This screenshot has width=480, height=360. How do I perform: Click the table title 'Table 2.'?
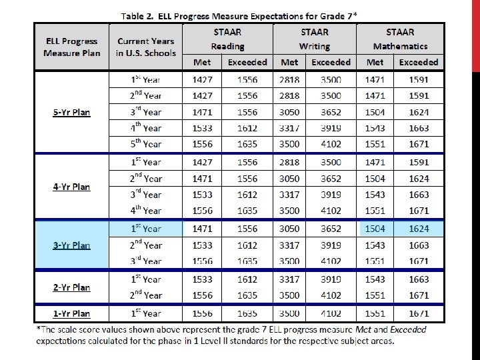tap(137, 16)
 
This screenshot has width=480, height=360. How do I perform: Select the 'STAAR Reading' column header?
tap(227, 39)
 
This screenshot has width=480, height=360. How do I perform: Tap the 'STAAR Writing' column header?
tap(315, 39)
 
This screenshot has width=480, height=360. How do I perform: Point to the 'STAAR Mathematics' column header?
tap(400, 39)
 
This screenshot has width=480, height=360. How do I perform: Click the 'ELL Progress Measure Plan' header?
tap(71, 47)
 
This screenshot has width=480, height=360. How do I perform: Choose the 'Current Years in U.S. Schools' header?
tap(146, 47)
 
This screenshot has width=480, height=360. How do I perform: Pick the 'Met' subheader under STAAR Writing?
tap(289, 62)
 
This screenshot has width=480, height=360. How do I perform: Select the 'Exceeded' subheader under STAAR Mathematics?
tap(419, 62)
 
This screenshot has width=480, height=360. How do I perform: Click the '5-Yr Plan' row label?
tap(71, 113)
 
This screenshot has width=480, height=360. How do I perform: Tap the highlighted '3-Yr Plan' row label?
tap(71, 245)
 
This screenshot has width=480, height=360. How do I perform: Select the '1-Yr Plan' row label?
tap(71, 313)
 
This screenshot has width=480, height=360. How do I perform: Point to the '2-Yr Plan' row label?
tap(71, 287)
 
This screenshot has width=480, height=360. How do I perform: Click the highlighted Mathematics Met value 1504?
tap(375, 229)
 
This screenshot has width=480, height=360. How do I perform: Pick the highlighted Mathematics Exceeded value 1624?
tap(419, 229)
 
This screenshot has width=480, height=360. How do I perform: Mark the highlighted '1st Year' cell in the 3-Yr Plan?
tap(146, 229)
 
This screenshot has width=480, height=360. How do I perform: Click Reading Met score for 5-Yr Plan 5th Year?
tap(203, 144)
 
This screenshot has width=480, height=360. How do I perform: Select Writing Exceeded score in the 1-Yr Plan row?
tap(331, 313)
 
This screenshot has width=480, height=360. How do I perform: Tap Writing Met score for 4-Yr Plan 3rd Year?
tap(289, 195)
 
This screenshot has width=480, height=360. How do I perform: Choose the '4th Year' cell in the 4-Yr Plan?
tap(146, 210)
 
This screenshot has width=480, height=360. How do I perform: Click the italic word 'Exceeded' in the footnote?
tap(408, 329)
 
